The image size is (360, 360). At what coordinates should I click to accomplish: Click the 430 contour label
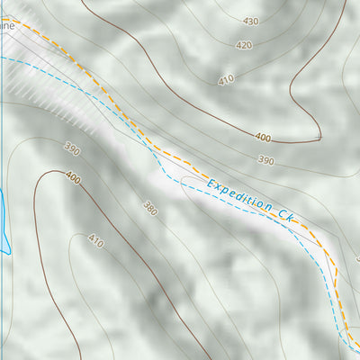[250, 21]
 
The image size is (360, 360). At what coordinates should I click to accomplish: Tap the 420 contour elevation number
[244, 45]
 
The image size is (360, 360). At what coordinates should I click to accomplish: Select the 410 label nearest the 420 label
[225, 79]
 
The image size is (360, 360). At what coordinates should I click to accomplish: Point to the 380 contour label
[149, 208]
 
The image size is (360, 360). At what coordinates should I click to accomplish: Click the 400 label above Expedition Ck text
[262, 138]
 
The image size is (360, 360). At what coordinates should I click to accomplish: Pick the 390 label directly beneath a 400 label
[265, 160]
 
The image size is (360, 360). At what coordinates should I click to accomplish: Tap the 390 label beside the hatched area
[72, 148]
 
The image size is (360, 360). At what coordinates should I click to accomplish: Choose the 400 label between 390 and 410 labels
[72, 179]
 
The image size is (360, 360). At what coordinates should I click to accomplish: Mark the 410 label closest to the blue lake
[95, 240]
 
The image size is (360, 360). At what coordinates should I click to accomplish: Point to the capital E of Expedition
[211, 184]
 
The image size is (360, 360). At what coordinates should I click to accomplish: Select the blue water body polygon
[4, 220]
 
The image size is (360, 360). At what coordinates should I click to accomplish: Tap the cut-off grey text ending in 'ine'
[7, 27]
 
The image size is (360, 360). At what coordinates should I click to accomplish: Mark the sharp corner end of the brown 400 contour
[320, 138]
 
